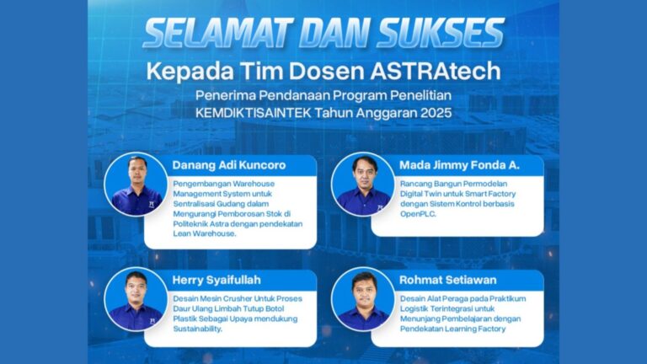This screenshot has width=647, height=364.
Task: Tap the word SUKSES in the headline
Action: (441, 33)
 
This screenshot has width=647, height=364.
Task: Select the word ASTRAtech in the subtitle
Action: (436, 71)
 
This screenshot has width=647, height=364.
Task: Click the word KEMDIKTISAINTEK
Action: (254, 113)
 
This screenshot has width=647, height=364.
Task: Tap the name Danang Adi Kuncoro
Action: (229, 165)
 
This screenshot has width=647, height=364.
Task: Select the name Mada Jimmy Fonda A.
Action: (459, 165)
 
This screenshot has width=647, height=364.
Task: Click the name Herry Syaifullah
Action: (217, 280)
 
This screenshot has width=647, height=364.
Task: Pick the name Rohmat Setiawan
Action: (447, 280)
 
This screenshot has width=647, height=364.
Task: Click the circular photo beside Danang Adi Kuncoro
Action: (136, 184)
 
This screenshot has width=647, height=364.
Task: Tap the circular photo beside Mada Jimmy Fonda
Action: (363, 184)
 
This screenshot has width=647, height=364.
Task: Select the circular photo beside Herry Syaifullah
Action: (136, 299)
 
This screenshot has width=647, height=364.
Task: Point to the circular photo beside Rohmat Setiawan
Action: (363, 299)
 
